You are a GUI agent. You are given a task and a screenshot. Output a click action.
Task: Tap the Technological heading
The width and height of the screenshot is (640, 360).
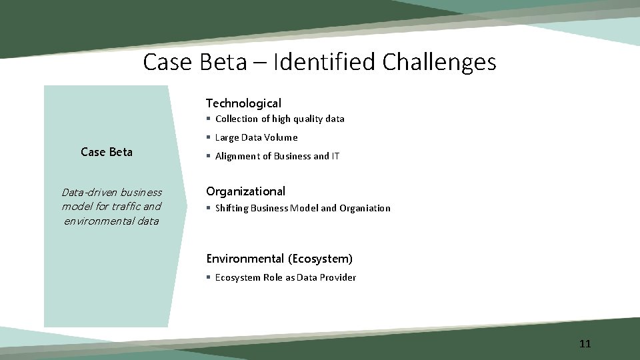pyautogui.click(x=243, y=103)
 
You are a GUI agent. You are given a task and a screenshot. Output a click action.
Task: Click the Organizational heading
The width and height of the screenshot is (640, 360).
pyautogui.click(x=245, y=191)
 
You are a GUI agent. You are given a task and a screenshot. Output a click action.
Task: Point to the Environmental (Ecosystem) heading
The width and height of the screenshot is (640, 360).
pyautogui.click(x=279, y=259)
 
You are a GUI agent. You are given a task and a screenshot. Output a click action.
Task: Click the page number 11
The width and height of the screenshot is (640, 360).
pyautogui.click(x=585, y=344)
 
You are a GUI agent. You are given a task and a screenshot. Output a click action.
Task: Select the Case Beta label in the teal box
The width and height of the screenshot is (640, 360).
pyautogui.click(x=107, y=152)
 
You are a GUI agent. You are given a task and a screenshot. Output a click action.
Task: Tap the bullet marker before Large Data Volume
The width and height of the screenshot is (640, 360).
pyautogui.click(x=209, y=137)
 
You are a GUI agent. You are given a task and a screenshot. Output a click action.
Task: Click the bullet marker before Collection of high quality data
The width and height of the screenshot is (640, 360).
pyautogui.click(x=209, y=119)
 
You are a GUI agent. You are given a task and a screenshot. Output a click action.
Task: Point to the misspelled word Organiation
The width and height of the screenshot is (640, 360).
pyautogui.click(x=365, y=208)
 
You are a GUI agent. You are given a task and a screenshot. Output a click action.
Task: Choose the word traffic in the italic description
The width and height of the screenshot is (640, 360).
pyautogui.click(x=126, y=206)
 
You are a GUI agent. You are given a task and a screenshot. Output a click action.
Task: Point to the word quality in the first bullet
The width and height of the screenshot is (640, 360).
pyautogui.click(x=288, y=119)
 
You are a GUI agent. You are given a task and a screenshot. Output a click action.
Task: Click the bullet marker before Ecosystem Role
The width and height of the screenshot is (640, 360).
pyautogui.click(x=209, y=277)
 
